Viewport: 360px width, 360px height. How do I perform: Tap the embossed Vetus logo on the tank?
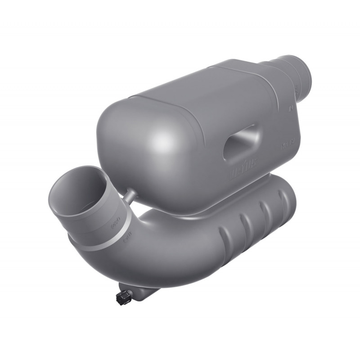(243, 169)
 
